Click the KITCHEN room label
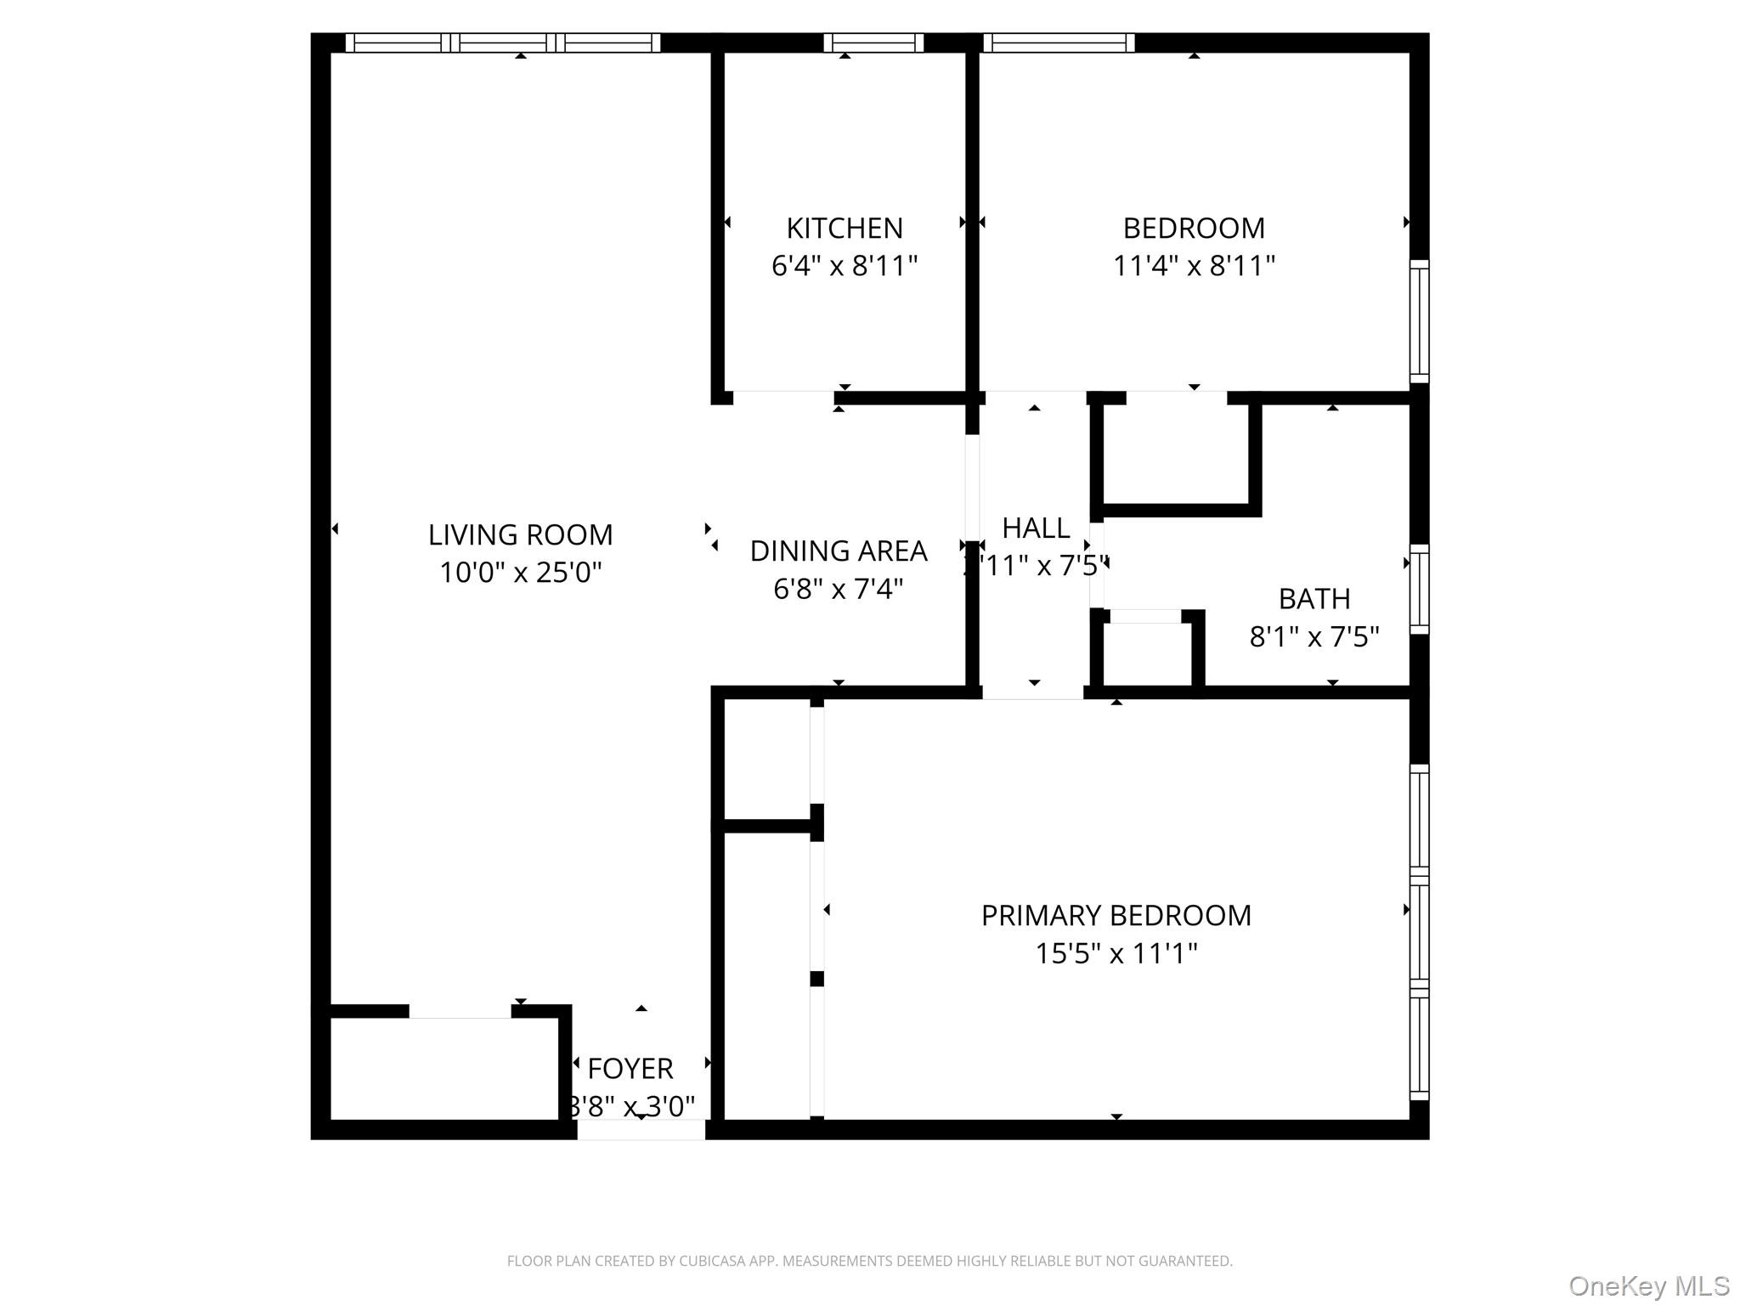coord(844,228)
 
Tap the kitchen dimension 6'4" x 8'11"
coord(844,266)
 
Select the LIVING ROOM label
coord(520,534)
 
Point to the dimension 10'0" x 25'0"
coord(520,573)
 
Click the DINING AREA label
coord(838,551)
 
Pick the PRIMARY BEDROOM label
coord(1116,915)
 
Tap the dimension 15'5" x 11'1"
coord(1116,953)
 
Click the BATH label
coord(1313,599)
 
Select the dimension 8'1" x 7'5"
coord(1313,636)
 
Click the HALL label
coord(1035,528)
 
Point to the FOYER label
coord(630,1068)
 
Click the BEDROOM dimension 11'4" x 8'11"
coord(1194,266)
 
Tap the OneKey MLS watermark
coord(1648,1285)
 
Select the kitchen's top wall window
coord(873,42)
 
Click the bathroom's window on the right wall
coord(1419,589)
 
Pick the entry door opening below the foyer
coord(641,1129)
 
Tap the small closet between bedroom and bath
coord(1176,454)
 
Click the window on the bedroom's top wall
coord(1059,42)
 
